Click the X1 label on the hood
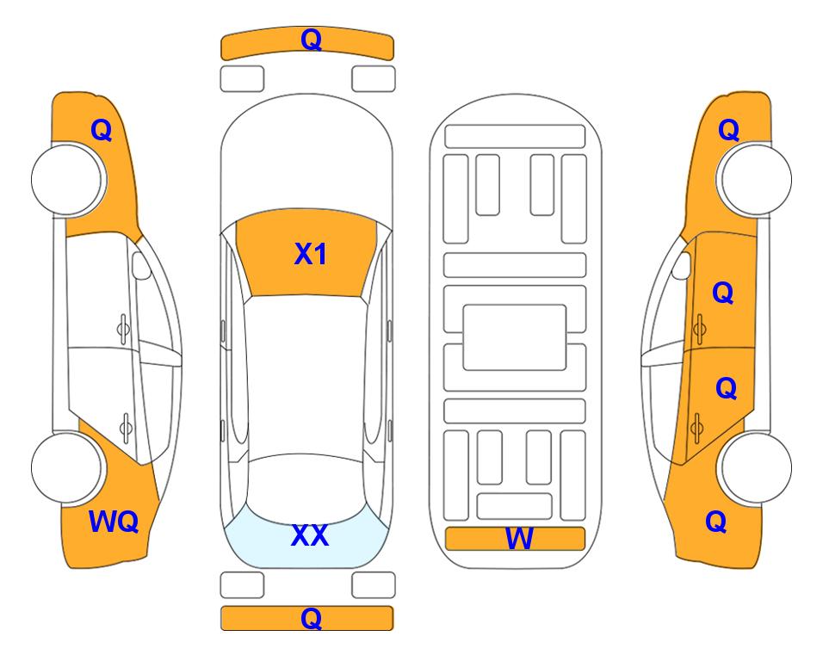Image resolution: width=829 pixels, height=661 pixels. click(x=311, y=254)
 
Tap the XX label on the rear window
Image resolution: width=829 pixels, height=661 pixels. click(x=310, y=535)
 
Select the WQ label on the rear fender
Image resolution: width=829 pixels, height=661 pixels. click(x=114, y=522)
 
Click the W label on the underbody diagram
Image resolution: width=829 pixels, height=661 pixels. click(x=519, y=539)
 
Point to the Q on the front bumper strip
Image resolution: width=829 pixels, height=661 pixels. click(x=312, y=40)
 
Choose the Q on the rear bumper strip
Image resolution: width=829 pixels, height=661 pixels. click(x=311, y=618)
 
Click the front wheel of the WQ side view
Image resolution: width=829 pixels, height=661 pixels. click(x=67, y=180)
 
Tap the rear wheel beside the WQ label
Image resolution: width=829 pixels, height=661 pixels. click(x=67, y=467)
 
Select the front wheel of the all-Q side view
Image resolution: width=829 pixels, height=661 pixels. click(x=756, y=180)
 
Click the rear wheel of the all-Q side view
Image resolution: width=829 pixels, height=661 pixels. click(x=756, y=467)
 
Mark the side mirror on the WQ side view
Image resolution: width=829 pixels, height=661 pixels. click(x=140, y=265)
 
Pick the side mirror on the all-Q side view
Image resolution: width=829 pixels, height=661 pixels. click(x=682, y=265)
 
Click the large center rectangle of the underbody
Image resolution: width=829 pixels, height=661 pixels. click(x=515, y=337)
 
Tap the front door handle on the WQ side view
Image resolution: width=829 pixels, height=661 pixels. click(x=123, y=330)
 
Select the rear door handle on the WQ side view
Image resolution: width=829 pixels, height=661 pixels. click(x=126, y=428)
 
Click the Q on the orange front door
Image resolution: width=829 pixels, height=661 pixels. click(x=723, y=293)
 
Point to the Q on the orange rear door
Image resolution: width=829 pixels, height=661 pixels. click(x=726, y=389)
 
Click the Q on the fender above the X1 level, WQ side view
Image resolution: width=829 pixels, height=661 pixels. click(x=102, y=130)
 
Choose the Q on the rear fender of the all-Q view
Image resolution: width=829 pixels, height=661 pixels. click(x=716, y=522)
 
